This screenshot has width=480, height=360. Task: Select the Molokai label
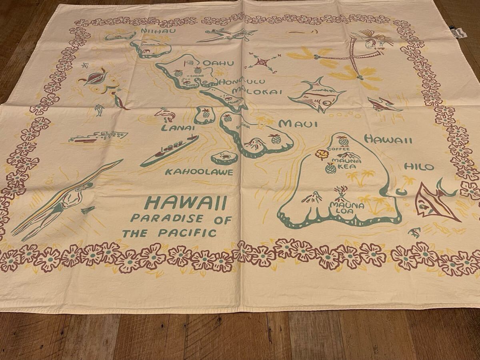click(263, 91)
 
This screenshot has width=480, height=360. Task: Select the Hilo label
click(419, 167)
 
